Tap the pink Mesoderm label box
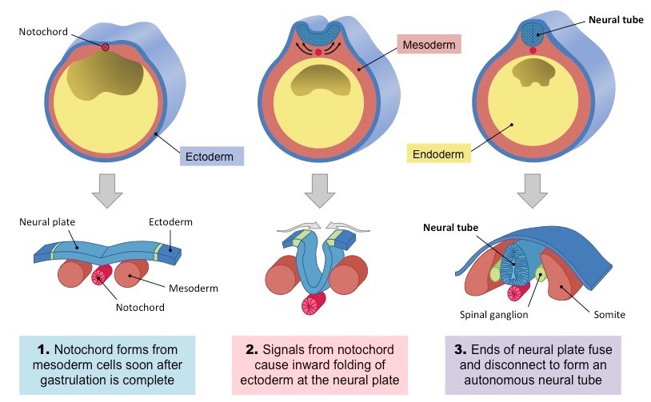(430, 46)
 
